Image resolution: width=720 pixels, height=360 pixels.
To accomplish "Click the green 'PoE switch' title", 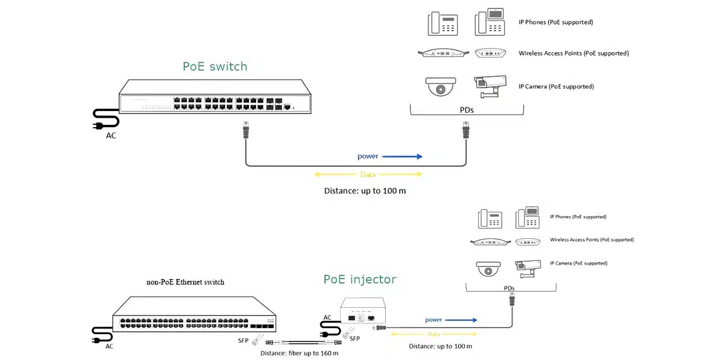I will click(215, 67).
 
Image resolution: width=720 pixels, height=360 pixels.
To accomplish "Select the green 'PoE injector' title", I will click(359, 280).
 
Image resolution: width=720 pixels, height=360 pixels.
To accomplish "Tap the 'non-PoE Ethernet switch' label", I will click(185, 282).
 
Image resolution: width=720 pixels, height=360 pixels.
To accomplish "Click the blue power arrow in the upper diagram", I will click(401, 157).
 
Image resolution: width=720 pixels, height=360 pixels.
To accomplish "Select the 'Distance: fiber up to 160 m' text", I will click(299, 353).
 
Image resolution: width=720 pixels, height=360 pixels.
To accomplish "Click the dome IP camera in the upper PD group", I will click(440, 87).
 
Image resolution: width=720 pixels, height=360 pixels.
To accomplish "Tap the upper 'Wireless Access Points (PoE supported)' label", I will click(574, 53).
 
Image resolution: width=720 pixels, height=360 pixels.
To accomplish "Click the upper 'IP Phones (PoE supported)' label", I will click(556, 22).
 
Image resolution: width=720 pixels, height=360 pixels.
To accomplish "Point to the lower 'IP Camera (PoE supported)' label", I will click(578, 263).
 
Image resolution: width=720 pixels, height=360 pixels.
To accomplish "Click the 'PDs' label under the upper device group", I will click(466, 110).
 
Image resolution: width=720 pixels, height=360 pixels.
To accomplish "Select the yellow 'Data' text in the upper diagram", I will click(368, 175).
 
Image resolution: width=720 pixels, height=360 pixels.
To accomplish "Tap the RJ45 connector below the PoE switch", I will click(245, 129).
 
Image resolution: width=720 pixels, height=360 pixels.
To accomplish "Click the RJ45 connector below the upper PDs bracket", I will click(465, 129).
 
